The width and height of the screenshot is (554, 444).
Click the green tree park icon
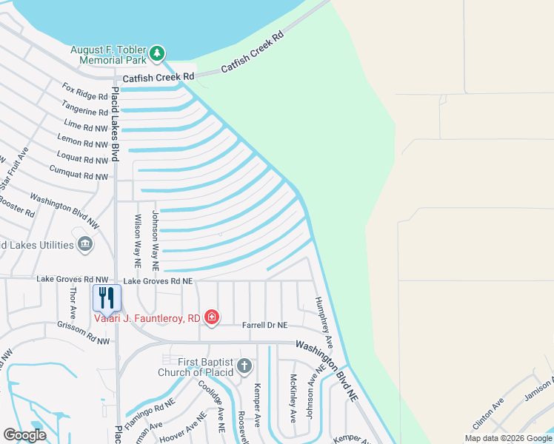[x=156, y=53]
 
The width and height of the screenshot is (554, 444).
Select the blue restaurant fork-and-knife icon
[x=107, y=297]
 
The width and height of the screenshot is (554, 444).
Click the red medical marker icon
[x=212, y=317]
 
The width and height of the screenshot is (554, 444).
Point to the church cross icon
[x=245, y=366]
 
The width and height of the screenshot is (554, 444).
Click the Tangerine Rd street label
[x=86, y=111]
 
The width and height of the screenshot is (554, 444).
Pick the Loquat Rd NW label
[x=82, y=160]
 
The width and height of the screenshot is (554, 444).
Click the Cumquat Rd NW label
[x=78, y=176]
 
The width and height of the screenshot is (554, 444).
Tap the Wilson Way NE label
[x=137, y=240]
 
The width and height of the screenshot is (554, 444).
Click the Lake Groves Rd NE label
[x=158, y=281]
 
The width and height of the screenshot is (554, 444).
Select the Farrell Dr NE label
[x=264, y=325]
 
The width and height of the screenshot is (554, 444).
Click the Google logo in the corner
[x=25, y=435]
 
